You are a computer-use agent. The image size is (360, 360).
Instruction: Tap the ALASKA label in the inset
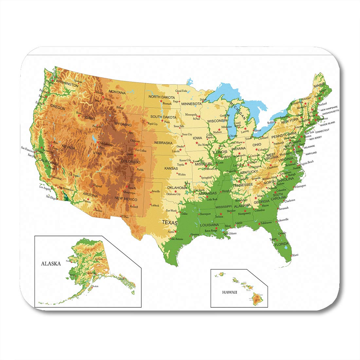(51, 263)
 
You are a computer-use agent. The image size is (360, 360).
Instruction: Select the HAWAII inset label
(229, 292)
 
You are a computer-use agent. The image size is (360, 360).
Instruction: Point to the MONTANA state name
(117, 92)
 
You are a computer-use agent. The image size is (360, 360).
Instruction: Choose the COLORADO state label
(130, 162)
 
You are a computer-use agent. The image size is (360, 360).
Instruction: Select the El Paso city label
(124, 217)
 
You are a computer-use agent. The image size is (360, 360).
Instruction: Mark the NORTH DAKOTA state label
(161, 97)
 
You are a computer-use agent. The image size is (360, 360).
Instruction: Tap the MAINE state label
(319, 86)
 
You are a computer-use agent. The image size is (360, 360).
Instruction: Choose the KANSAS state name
(171, 169)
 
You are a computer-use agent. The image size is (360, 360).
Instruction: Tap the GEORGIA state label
(261, 202)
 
